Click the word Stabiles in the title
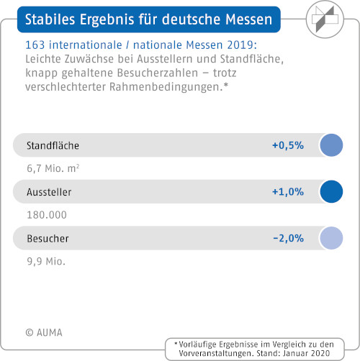(50, 19)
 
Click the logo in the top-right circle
(325, 19)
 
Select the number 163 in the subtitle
(35, 45)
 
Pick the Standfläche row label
(53, 145)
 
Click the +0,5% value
(288, 145)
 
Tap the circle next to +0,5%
(331, 145)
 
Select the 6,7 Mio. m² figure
(53, 168)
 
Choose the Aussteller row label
(49, 192)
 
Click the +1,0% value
(288, 192)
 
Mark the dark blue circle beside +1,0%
(331, 192)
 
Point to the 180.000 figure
(47, 215)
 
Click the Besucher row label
(48, 239)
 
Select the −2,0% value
(289, 238)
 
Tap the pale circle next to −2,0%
(331, 238)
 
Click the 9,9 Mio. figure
(46, 261)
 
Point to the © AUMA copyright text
(44, 332)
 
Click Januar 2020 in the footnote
(307, 353)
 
